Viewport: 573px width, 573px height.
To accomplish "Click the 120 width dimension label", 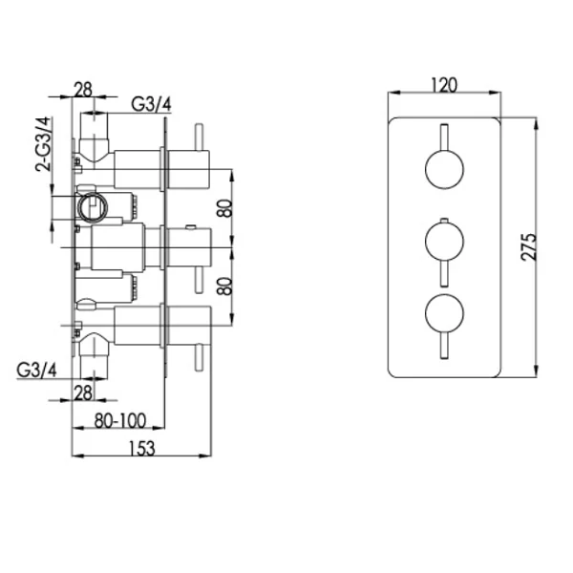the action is coord(444,85).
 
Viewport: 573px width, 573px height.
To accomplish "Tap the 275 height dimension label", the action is coord(529,247).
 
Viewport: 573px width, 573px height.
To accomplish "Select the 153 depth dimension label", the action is coord(141,449).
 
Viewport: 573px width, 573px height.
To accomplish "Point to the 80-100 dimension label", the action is coord(120,420).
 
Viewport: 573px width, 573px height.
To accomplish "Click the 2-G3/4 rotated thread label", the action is coord(44,144).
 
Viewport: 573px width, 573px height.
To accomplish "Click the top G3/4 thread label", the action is coord(151,104).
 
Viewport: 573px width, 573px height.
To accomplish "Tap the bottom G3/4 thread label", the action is coord(37,371).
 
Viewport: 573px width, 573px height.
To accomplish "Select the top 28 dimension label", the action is coord(83,90).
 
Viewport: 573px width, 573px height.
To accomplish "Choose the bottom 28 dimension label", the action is coord(83,393).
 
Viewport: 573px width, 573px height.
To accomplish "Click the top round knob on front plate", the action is coord(444,170).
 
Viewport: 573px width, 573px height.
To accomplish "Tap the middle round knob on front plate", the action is coord(444,242).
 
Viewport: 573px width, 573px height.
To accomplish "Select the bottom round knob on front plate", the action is coord(444,314).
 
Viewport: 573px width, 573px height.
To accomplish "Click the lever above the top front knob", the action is coord(444,138).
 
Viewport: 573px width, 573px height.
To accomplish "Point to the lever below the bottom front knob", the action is coord(444,346).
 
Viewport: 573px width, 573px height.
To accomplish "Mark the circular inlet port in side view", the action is coord(93,208).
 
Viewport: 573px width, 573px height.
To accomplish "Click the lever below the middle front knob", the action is coord(444,274).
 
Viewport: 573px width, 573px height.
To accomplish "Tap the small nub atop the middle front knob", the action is coord(444,220).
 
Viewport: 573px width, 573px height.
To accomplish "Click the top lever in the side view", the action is coord(200,138).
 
